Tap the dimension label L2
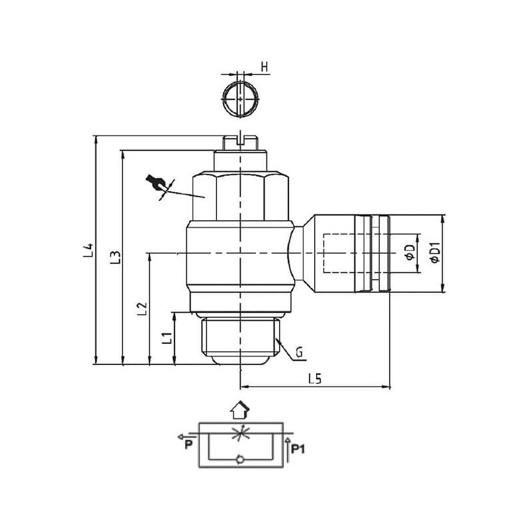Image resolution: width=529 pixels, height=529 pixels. [x=140, y=309]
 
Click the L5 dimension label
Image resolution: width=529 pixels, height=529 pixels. [x=315, y=379]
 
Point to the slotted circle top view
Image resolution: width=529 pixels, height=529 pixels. [x=239, y=101]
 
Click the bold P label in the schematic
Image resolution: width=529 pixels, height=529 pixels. [x=188, y=445]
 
